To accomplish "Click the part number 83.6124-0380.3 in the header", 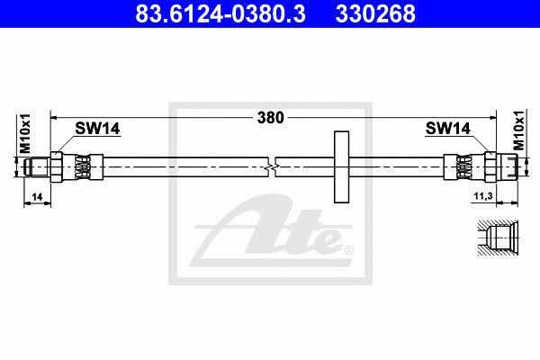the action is (x=220, y=13).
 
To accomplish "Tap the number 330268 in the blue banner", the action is (x=375, y=13).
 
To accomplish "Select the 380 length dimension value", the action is (x=271, y=118).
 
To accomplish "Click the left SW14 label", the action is (x=97, y=129).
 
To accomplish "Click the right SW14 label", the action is (x=447, y=129).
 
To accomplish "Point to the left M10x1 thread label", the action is (x=25, y=134).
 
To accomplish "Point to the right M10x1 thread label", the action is (x=518, y=130).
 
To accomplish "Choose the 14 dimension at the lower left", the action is (x=37, y=197).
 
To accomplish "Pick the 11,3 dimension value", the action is (x=483, y=196).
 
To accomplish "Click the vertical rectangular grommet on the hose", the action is (x=341, y=166).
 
